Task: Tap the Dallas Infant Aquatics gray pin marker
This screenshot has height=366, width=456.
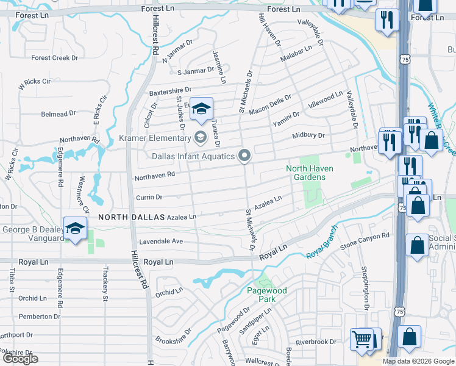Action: click(x=244, y=157)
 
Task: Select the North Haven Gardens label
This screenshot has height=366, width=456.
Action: click(x=315, y=173)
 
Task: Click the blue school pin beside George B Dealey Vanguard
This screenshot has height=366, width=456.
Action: click(x=75, y=228)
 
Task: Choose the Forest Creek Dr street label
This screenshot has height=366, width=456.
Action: click(x=55, y=58)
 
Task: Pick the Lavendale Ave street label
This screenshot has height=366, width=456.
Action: click(x=161, y=242)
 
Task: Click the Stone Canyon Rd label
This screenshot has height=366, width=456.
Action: click(x=365, y=241)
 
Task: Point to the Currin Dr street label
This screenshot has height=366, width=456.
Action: click(x=149, y=197)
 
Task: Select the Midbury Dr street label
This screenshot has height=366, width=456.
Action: click(x=308, y=135)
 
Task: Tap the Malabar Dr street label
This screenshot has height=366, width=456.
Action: click(x=295, y=57)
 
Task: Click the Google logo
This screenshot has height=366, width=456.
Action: click(x=20, y=359)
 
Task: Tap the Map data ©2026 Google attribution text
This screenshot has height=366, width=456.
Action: click(x=418, y=361)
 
